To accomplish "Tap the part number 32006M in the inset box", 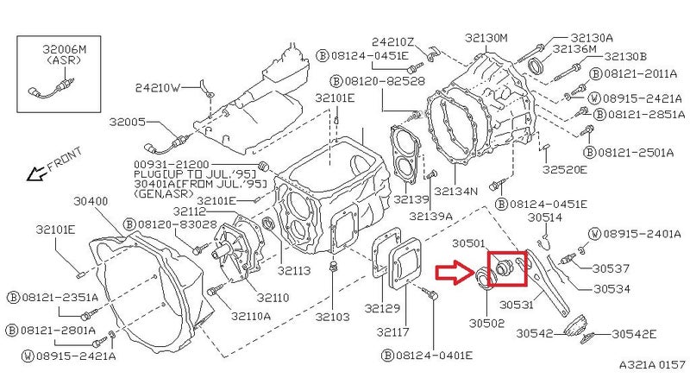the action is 64,49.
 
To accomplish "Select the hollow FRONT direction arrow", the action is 35,173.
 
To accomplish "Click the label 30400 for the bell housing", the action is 91,201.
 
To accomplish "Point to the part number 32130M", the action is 486,38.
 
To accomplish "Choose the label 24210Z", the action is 392,41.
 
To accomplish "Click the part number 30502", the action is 486,323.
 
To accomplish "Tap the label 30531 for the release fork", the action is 517,304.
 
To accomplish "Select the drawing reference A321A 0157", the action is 652,364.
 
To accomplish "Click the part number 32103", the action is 333,317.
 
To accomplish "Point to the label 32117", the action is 393,331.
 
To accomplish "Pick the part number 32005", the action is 127,122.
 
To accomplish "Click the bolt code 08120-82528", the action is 384,81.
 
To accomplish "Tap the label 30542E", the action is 634,334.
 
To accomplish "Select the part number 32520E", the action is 564,169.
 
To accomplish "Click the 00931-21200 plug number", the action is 172,164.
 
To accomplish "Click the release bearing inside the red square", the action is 504,268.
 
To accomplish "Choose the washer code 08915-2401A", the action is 641,234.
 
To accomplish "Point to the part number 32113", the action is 294,270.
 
